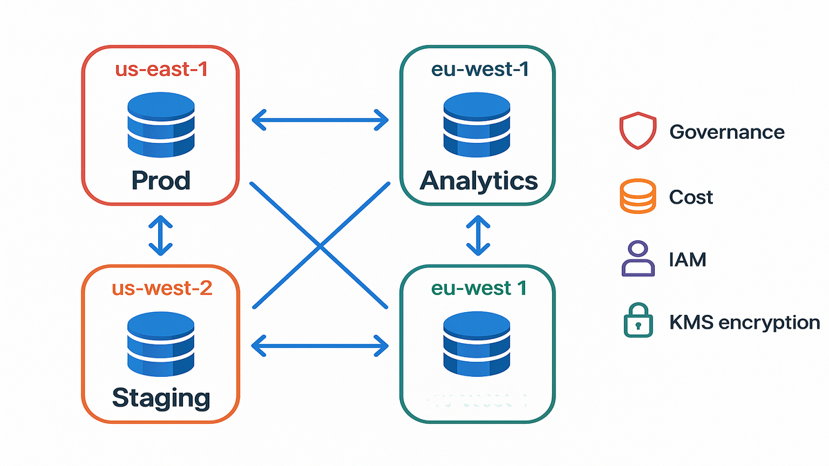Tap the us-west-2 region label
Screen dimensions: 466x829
(x=160, y=287)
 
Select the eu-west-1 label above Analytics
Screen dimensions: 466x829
(x=479, y=70)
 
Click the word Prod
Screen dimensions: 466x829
(x=160, y=181)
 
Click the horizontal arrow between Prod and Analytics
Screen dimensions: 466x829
(x=320, y=120)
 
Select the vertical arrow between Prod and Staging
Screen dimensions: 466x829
(x=160, y=236)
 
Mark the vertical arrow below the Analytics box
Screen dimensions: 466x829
(x=478, y=236)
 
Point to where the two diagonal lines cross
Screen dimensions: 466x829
(x=320, y=246)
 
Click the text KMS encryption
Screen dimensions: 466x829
(x=744, y=322)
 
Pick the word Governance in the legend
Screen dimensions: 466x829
(x=727, y=132)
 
